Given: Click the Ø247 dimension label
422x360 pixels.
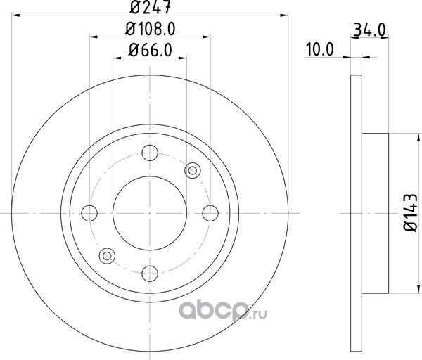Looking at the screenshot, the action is point(150,7).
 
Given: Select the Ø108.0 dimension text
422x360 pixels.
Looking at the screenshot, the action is point(151,29).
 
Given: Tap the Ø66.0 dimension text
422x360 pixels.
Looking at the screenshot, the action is point(151,51).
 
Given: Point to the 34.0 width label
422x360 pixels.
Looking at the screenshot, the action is point(370,30).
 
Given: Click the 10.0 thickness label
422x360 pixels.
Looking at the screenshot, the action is point(320,50).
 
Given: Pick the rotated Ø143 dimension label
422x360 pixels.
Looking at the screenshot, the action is point(411,212).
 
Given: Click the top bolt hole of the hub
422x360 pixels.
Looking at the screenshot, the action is point(150,153).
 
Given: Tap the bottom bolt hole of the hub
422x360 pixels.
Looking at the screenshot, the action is point(150,274).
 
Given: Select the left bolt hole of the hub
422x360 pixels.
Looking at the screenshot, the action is point(89,213).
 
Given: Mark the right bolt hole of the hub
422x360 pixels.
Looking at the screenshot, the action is point(210,213).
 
